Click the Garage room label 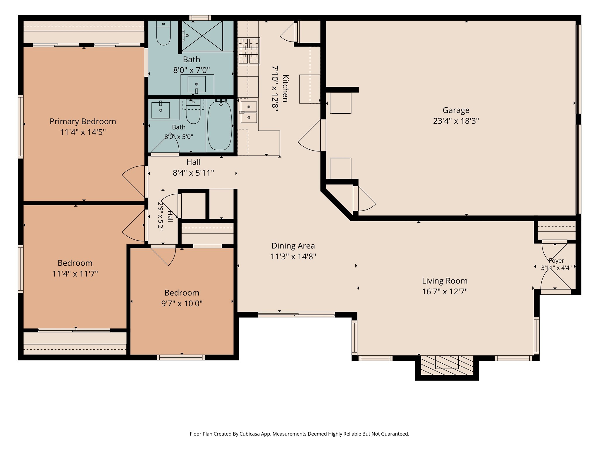coord(456,110)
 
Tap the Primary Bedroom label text coord(83,121)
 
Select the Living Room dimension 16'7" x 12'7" coord(445,291)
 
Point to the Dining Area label coord(293,246)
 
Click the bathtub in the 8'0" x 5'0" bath coord(220,125)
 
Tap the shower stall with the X coord(202,36)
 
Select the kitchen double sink coord(249,112)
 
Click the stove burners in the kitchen coord(249,51)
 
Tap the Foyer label coord(556,261)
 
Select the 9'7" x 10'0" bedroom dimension coord(182,303)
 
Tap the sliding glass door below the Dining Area coord(296,315)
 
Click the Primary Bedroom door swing coord(133,181)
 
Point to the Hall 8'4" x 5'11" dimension coord(193,173)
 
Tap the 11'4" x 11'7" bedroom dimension coord(75,274)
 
